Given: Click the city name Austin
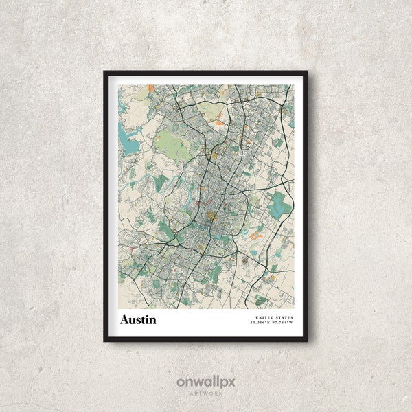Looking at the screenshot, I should point(138,320).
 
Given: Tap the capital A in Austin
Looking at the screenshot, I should point(124,320).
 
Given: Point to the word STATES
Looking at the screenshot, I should point(282,317).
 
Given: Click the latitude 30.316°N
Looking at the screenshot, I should point(261,323).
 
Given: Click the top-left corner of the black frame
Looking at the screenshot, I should point(104,71).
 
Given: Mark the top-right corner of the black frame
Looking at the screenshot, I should point(307,71).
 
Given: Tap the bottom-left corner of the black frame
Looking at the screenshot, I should point(104,341).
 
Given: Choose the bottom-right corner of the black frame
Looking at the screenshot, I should point(307,341).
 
